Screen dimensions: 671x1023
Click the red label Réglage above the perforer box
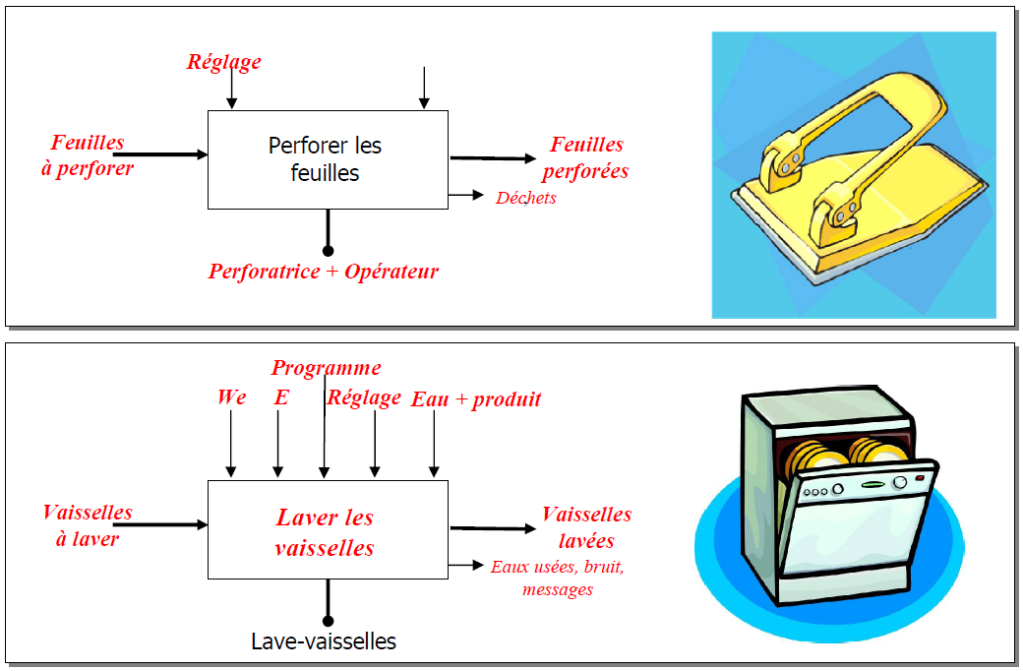pos(224,62)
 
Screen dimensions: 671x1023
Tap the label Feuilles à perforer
pos(88,154)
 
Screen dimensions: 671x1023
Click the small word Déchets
pos(525,198)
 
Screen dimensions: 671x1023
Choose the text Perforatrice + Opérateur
pos(323,272)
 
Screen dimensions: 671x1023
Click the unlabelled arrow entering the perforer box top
pos(424,88)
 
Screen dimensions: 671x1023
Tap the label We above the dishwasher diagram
pos(231,397)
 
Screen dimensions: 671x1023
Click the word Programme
pos(326,368)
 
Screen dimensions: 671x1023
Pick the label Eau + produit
pos(476,398)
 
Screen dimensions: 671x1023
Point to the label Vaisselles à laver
pos(87,525)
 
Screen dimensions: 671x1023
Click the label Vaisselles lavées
pos(586,527)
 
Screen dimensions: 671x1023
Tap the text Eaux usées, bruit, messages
pos(558,578)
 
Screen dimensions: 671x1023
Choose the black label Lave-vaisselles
pos(324,642)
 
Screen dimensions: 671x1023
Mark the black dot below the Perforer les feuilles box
pos(328,251)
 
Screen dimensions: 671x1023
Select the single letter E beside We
pos(281,397)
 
